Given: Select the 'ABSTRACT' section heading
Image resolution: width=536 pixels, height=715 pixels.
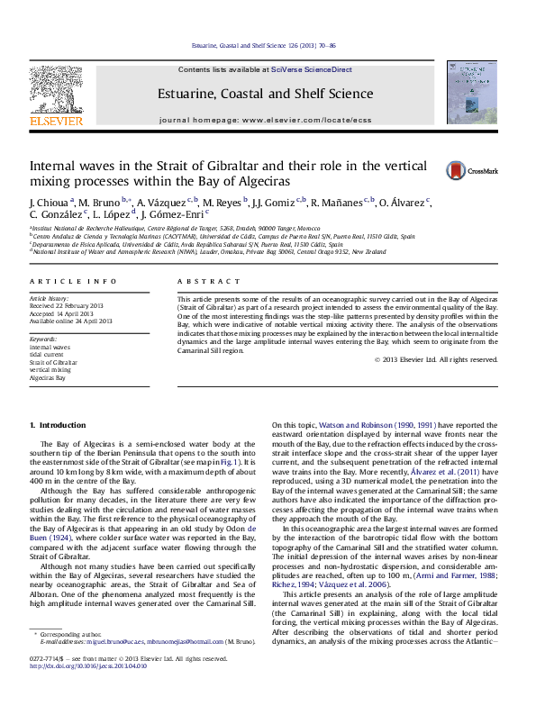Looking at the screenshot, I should tap(203, 282).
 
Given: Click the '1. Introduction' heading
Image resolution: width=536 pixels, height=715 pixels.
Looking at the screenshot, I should tap(58, 424).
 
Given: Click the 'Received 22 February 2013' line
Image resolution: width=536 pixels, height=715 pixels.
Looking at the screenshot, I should tap(69, 305).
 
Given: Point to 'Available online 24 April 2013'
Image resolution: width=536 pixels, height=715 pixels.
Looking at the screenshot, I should tap(71, 321).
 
